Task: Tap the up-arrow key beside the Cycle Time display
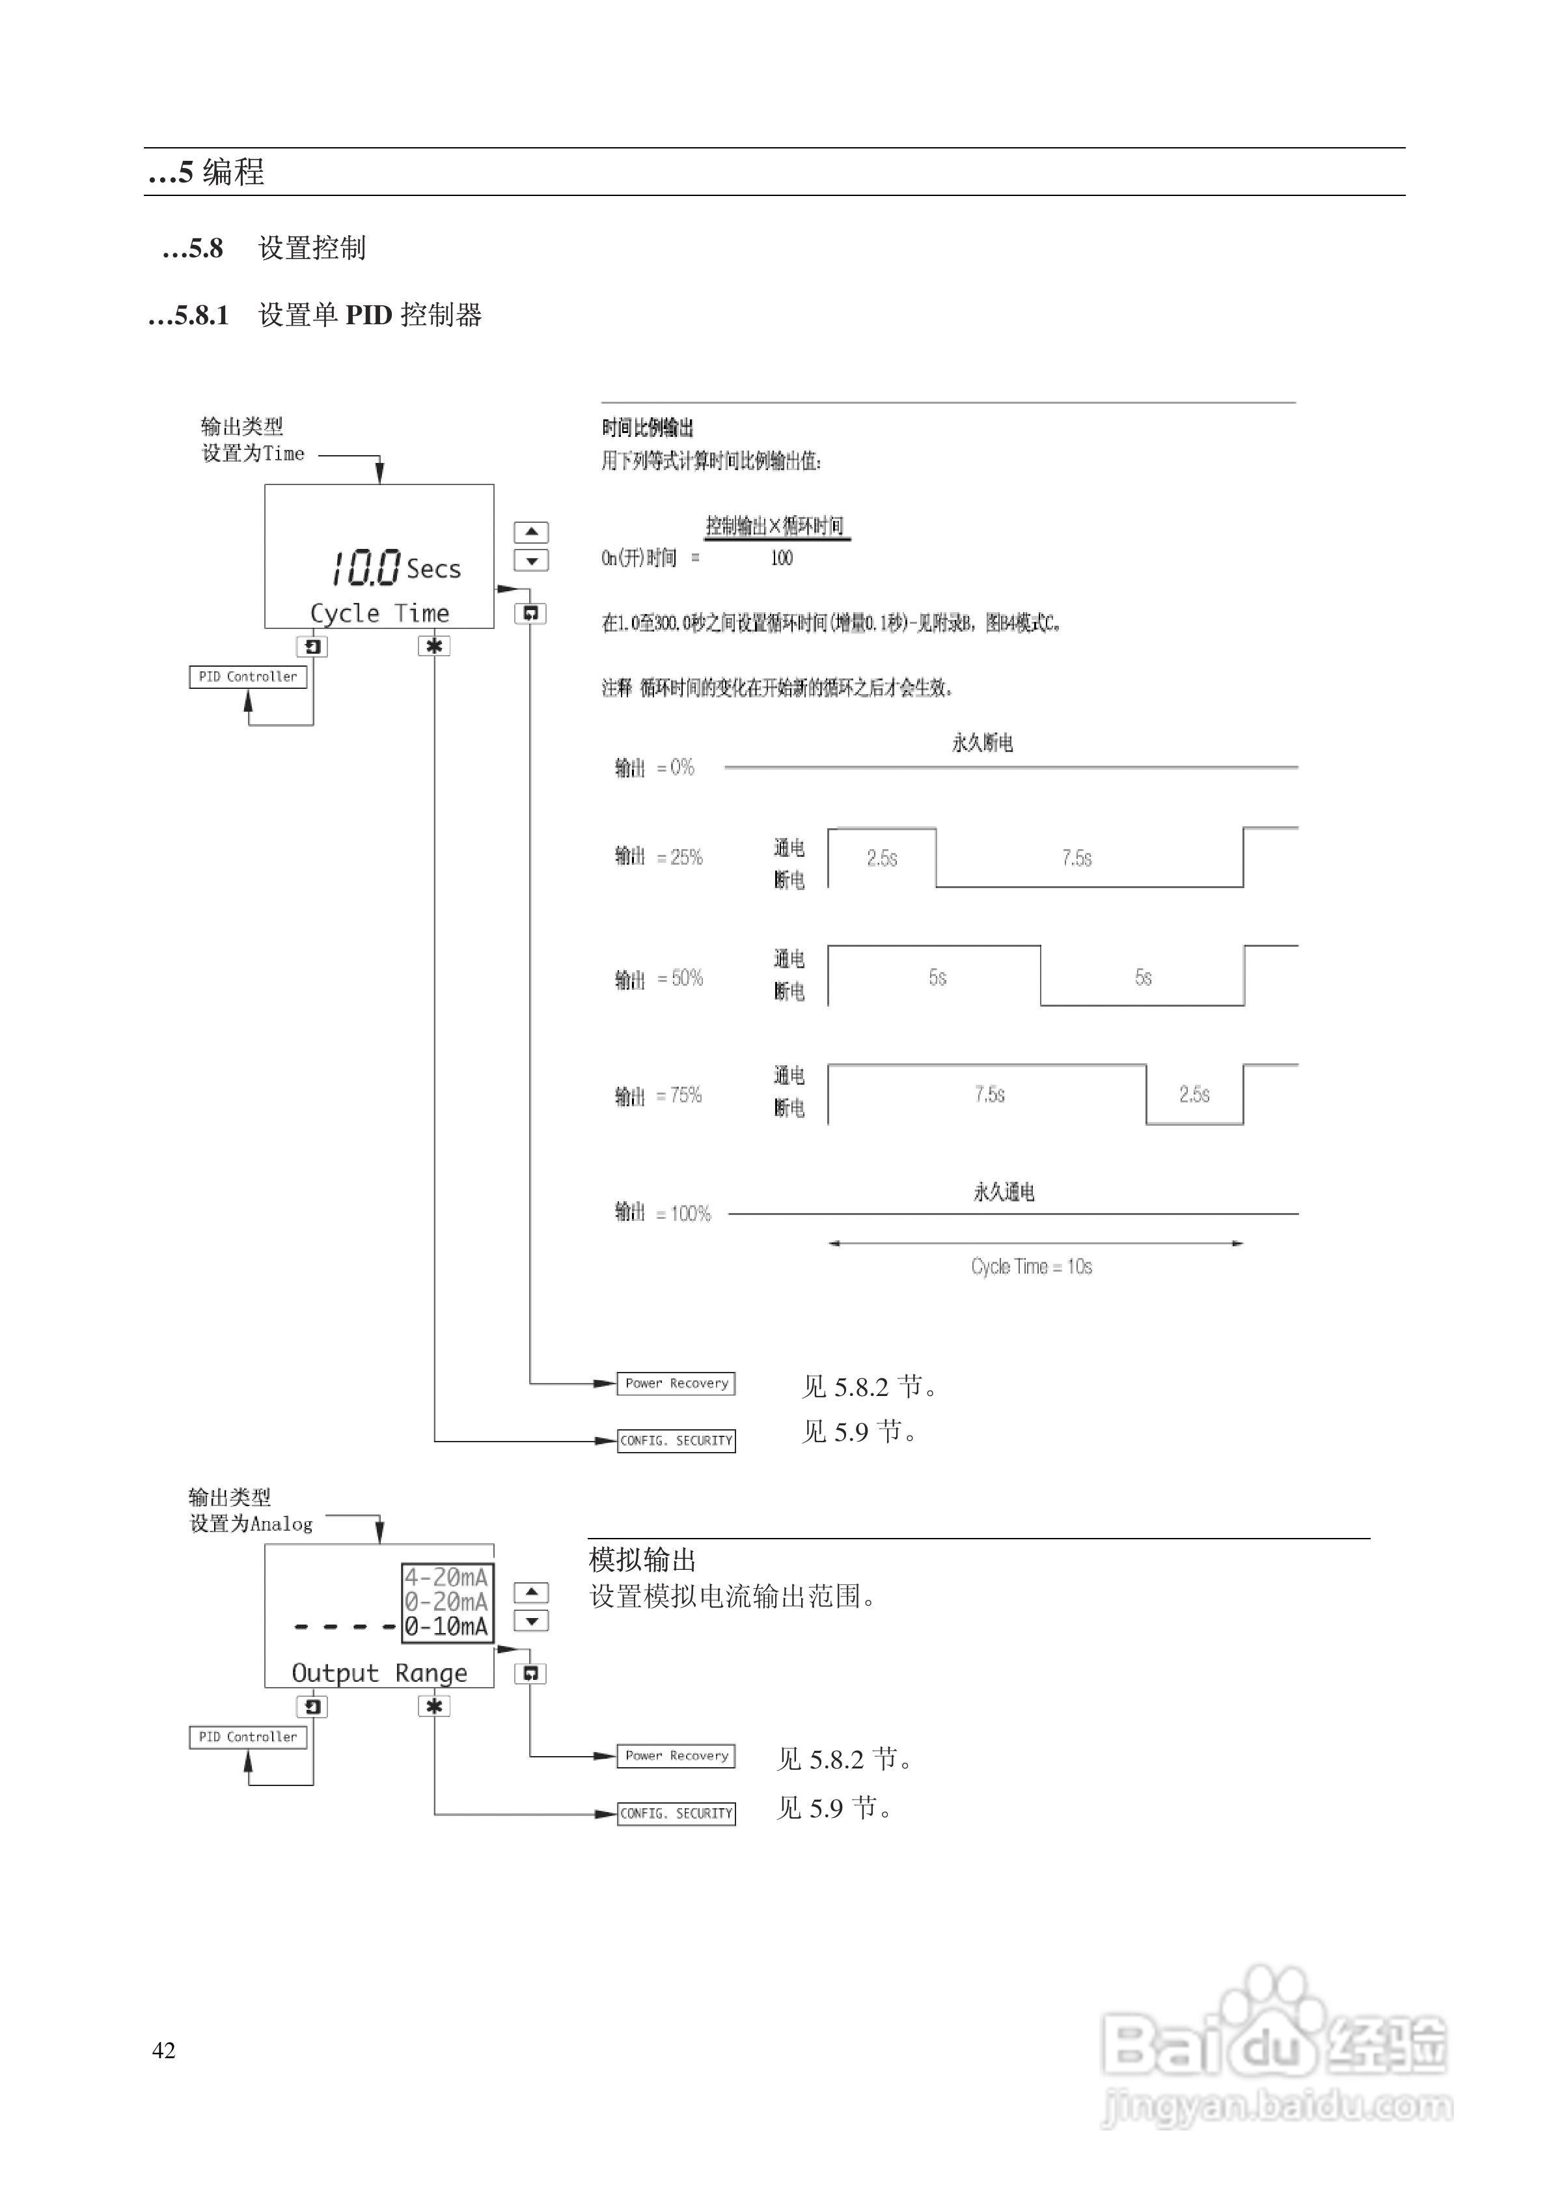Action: click(531, 532)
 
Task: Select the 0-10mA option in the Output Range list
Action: click(446, 1627)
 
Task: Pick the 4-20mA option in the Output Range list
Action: click(446, 1577)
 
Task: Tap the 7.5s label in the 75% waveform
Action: click(989, 1095)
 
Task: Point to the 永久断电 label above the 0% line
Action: click(981, 743)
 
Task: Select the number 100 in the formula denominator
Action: click(781, 558)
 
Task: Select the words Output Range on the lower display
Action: click(379, 1673)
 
